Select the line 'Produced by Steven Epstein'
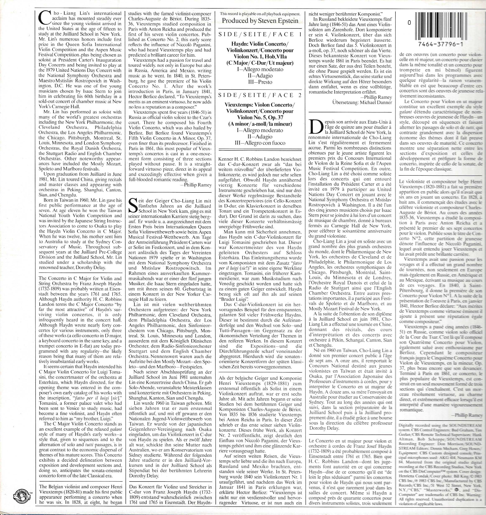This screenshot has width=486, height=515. (x=260, y=21)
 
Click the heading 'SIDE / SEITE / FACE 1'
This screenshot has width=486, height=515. (x=260, y=34)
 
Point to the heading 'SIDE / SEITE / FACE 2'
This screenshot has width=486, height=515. (x=260, y=95)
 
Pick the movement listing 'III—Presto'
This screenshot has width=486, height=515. (x=260, y=82)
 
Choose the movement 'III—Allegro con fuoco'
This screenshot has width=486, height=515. (x=260, y=143)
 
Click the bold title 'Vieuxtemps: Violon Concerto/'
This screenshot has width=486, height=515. (x=260, y=105)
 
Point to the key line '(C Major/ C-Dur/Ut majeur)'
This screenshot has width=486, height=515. (x=260, y=63)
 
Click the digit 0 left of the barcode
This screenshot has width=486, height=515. (x=409, y=23)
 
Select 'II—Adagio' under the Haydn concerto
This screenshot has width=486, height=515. (x=260, y=76)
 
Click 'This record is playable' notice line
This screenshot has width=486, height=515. (x=260, y=14)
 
